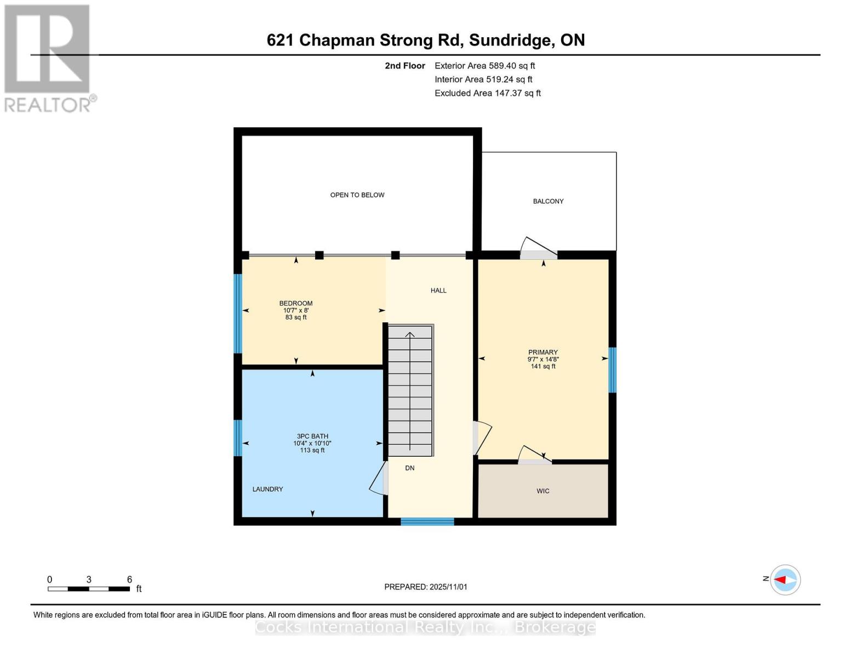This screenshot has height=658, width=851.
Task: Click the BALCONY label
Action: pos(548,201)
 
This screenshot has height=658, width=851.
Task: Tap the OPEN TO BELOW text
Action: pos(357,195)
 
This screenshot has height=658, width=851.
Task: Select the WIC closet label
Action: pos(542,491)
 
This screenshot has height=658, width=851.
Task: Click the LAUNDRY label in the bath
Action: pos(267,489)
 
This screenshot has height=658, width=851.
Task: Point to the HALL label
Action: pos(438,291)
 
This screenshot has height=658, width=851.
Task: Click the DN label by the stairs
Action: pos(409,468)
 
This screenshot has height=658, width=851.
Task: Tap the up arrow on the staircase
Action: pos(410,336)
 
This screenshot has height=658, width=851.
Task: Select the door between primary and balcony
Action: pos(538,249)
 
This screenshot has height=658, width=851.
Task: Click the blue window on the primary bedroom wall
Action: pos(613,370)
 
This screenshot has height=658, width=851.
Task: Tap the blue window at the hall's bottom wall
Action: pos(427,521)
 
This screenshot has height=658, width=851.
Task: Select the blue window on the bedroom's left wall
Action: pos(238,313)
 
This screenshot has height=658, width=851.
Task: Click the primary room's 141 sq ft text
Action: pos(542,366)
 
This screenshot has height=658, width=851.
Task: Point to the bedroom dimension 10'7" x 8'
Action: pos(296,310)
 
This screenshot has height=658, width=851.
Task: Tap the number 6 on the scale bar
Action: pos(129,580)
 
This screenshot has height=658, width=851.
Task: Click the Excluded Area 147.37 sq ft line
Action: pos(487,93)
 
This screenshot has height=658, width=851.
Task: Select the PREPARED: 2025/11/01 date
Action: pos(425,587)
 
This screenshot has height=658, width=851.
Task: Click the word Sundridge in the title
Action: pos(510,40)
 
